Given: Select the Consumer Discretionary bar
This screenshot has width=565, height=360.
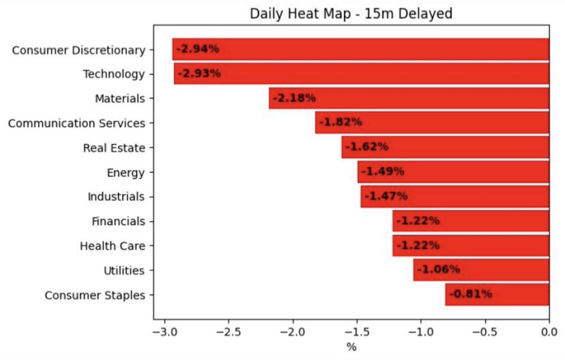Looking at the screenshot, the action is click(x=361, y=49).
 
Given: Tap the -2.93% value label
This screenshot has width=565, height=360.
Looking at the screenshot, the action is click(x=199, y=73).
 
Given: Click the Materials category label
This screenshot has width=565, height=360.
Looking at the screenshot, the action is click(x=120, y=98).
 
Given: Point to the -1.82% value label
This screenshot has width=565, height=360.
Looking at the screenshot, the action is click(x=340, y=122).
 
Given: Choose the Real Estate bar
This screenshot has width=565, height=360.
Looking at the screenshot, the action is click(x=445, y=147).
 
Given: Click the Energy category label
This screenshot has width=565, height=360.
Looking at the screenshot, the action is click(x=126, y=173).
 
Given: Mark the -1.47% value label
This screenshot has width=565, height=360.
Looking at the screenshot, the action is click(x=386, y=196).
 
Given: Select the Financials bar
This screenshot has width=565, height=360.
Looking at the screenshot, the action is click(x=471, y=221).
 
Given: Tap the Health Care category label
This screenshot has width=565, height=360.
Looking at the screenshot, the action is click(x=113, y=246).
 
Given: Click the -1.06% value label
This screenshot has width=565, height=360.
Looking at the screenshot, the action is click(x=439, y=270).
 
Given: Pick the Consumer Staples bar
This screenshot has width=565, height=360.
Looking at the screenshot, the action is click(x=497, y=295).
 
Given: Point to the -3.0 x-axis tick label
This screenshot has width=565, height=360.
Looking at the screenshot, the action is click(x=165, y=332).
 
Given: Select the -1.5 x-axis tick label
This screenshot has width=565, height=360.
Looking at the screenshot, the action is click(x=357, y=332).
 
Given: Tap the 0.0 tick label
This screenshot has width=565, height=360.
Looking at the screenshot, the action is click(x=549, y=332).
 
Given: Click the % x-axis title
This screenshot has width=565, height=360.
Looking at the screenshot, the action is click(x=352, y=347).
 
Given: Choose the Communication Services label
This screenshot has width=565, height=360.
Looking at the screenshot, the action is click(x=77, y=123).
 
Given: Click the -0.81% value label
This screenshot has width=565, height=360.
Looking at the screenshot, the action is click(x=471, y=294).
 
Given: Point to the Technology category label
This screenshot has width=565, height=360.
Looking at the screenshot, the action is click(x=114, y=74).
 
